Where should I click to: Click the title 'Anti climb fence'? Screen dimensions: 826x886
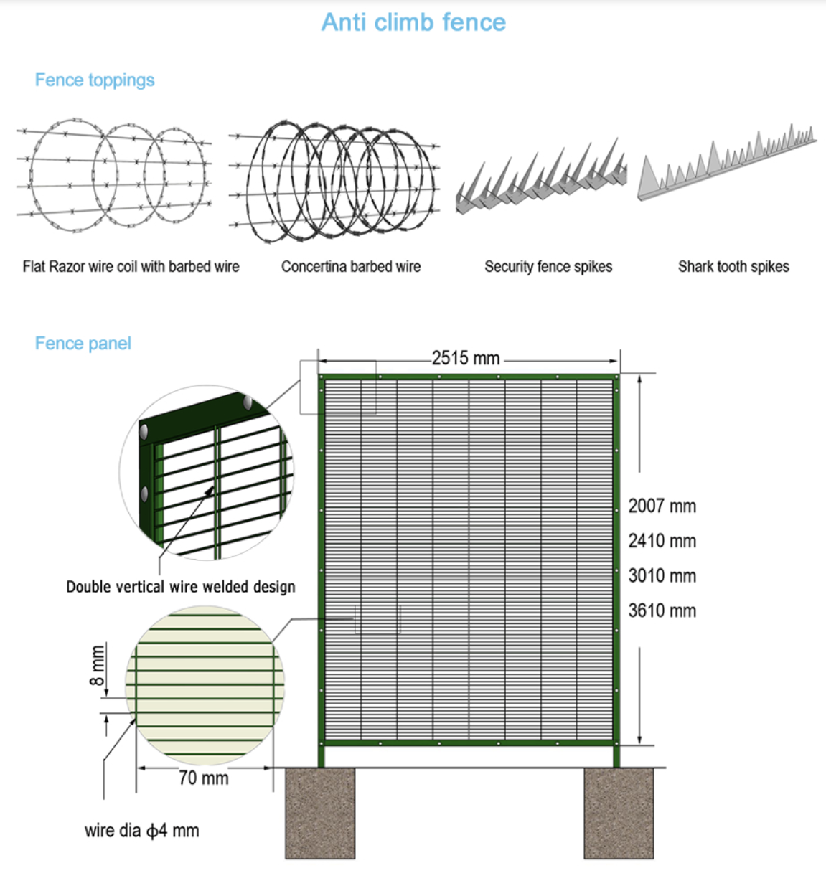click(413, 22)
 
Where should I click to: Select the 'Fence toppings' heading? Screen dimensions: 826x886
click(95, 80)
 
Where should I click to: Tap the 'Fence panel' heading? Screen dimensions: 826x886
click(83, 344)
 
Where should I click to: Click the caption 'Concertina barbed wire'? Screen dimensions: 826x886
click(351, 266)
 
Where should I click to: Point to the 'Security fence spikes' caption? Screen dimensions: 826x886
click(548, 266)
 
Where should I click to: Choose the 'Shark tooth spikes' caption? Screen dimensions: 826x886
click(733, 266)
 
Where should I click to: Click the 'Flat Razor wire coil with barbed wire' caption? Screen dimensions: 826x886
click(131, 266)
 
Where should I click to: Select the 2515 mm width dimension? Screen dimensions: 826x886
click(465, 358)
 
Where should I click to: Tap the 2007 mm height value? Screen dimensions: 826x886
click(662, 506)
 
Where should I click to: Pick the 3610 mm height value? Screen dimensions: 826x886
click(662, 611)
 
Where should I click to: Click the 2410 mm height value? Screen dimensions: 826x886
click(662, 541)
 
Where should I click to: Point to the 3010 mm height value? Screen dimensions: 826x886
click(662, 575)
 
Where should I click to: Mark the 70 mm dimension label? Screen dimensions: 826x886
click(204, 778)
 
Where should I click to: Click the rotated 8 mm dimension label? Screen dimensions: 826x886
click(97, 665)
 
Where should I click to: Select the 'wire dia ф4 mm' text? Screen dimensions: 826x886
click(141, 830)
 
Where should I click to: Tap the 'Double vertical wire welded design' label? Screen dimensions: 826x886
click(180, 587)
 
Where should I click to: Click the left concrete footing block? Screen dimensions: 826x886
click(320, 814)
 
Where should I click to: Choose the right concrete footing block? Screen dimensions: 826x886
click(619, 814)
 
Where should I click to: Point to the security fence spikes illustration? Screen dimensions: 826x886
click(541, 176)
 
